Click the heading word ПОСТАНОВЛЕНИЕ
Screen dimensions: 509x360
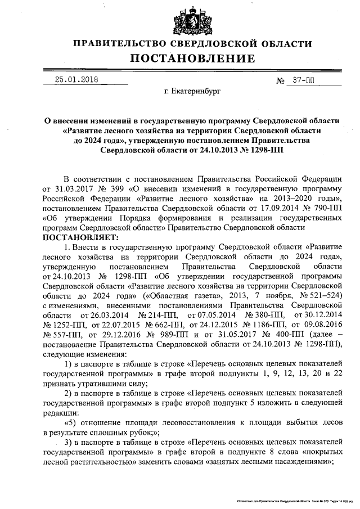tap(193, 58)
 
